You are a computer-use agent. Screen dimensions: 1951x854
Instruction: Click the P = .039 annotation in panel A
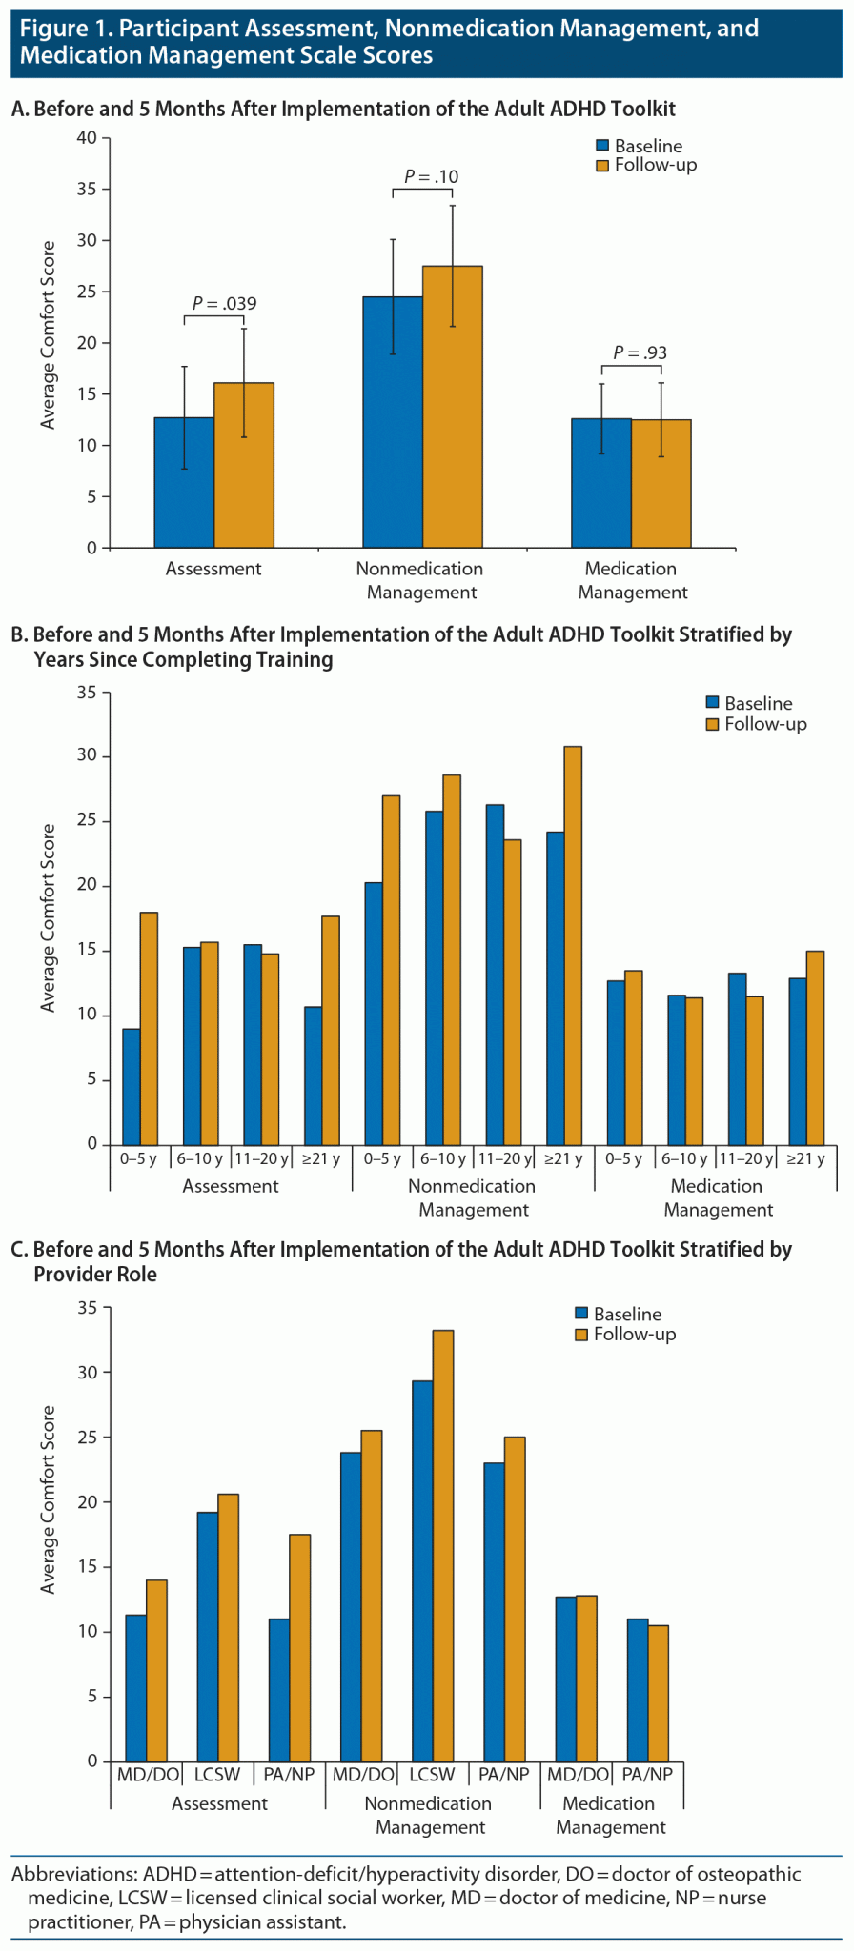(225, 304)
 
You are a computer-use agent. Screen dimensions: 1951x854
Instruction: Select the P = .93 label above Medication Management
(640, 352)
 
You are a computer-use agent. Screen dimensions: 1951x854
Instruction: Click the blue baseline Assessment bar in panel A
(184, 482)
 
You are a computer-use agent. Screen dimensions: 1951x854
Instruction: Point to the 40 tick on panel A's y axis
(88, 138)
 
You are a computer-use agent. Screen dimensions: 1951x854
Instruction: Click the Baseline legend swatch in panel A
(602, 146)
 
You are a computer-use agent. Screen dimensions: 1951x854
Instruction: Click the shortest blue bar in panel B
(132, 1086)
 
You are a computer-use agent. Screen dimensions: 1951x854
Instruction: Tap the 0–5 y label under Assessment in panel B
(140, 1159)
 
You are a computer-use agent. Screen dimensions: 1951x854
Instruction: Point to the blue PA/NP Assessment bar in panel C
(278, 1690)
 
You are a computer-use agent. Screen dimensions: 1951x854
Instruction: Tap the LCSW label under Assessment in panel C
(217, 1775)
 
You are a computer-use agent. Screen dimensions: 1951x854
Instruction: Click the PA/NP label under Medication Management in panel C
(647, 1775)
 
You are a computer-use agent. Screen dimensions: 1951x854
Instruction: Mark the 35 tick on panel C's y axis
(88, 1308)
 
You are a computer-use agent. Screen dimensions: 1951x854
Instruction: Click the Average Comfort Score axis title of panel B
(49, 917)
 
